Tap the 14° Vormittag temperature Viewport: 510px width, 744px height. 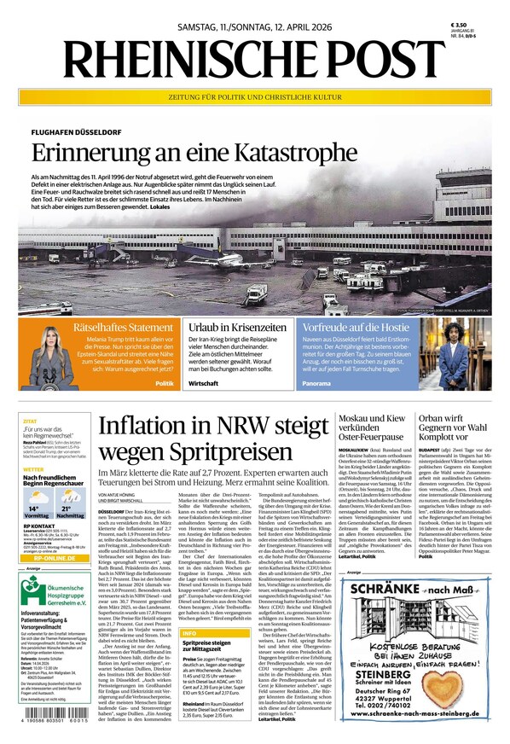37,509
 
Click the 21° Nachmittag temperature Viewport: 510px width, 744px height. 70,509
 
